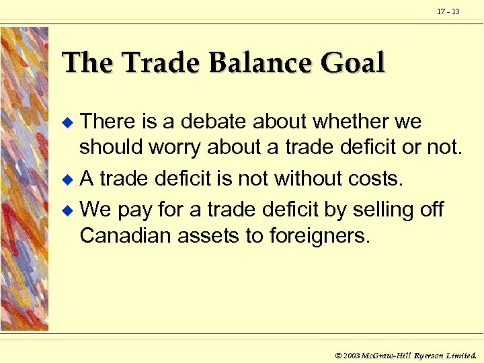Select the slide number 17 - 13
[x=448, y=11]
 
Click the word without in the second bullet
[x=315, y=178]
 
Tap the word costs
[x=377, y=178]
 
